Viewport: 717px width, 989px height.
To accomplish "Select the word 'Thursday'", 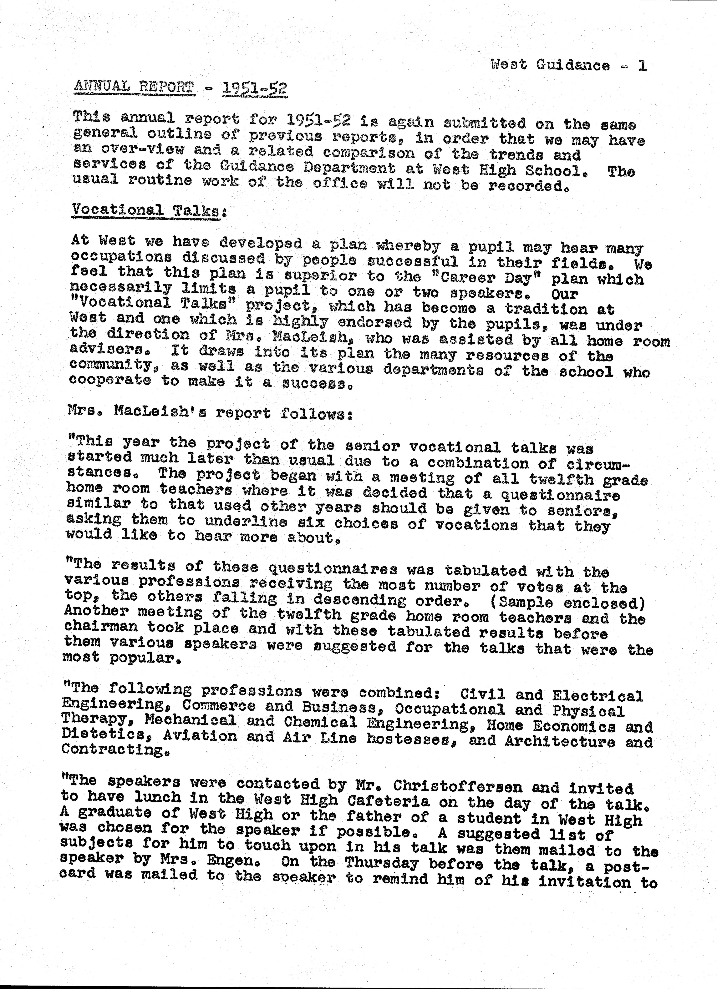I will [x=382, y=863].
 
